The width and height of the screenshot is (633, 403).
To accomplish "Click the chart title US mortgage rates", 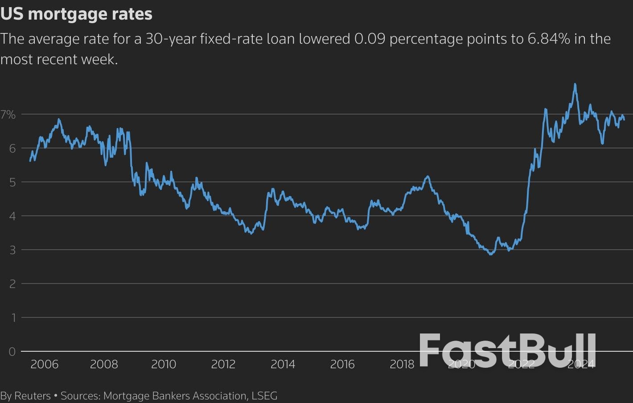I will point(76,14).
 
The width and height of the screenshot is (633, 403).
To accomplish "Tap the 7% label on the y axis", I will point(8,115).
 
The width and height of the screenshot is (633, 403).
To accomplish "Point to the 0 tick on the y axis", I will point(12,352).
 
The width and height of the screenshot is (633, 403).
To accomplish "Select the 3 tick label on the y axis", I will point(12,250).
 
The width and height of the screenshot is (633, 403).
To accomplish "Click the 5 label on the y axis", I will point(12,182).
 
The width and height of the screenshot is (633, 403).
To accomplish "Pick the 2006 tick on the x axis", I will point(45,364).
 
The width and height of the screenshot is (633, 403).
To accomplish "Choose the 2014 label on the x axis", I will point(283,364).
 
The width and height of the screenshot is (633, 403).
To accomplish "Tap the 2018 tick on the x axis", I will point(402,364).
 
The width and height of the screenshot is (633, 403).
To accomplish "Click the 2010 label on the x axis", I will point(164,364).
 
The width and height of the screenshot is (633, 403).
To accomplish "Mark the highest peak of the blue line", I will point(575,84).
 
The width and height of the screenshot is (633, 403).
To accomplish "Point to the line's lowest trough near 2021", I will point(491,254).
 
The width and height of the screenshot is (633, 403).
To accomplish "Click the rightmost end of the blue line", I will point(624,119).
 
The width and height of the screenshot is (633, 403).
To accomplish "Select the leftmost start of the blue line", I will point(30,161).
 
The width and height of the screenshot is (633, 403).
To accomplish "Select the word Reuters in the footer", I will point(33,395).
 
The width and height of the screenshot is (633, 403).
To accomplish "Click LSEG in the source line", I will point(264,395).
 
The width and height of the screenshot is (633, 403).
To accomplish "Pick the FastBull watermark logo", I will point(507,350).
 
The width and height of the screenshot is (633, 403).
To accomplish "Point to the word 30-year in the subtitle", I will point(171,39).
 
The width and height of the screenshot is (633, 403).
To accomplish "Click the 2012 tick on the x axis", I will point(223,364).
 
